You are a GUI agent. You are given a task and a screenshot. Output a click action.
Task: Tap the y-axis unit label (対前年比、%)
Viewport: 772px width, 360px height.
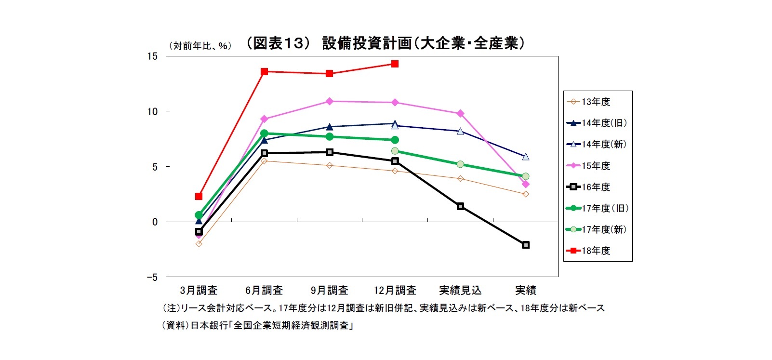(200, 46)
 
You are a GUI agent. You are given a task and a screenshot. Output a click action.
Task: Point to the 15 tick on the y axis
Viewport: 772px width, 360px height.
(152, 56)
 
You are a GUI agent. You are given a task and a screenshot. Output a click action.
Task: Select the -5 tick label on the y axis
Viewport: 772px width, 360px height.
(152, 278)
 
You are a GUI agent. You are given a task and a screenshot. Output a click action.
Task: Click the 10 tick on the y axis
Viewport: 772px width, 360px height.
(152, 112)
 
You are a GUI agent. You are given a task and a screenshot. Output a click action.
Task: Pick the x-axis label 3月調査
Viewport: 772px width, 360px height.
(199, 290)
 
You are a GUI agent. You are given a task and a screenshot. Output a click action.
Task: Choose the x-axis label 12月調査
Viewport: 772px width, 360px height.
(395, 290)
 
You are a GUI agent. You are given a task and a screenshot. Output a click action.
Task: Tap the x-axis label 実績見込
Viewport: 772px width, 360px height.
(460, 290)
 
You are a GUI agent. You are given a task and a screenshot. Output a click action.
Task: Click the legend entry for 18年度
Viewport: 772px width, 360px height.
(596, 251)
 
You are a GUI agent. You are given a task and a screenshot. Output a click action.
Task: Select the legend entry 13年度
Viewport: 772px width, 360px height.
(596, 102)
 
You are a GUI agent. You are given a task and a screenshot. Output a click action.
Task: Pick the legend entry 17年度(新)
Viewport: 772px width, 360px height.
(604, 229)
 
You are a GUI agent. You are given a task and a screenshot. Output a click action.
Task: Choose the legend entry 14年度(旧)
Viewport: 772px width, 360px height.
(604, 123)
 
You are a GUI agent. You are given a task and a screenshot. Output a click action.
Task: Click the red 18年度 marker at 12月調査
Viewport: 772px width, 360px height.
(395, 64)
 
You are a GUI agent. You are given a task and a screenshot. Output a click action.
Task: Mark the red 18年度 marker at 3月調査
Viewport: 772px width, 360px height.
(199, 196)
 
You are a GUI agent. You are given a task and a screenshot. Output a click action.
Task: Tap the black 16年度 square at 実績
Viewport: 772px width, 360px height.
(526, 245)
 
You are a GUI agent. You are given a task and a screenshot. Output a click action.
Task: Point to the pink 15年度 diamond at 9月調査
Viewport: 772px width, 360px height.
(330, 101)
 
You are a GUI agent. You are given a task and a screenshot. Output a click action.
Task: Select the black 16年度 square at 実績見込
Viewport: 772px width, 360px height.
(460, 206)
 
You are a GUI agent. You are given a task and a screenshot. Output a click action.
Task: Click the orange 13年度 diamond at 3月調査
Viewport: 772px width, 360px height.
(199, 244)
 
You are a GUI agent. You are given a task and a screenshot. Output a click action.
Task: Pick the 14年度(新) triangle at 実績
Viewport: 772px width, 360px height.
(526, 157)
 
